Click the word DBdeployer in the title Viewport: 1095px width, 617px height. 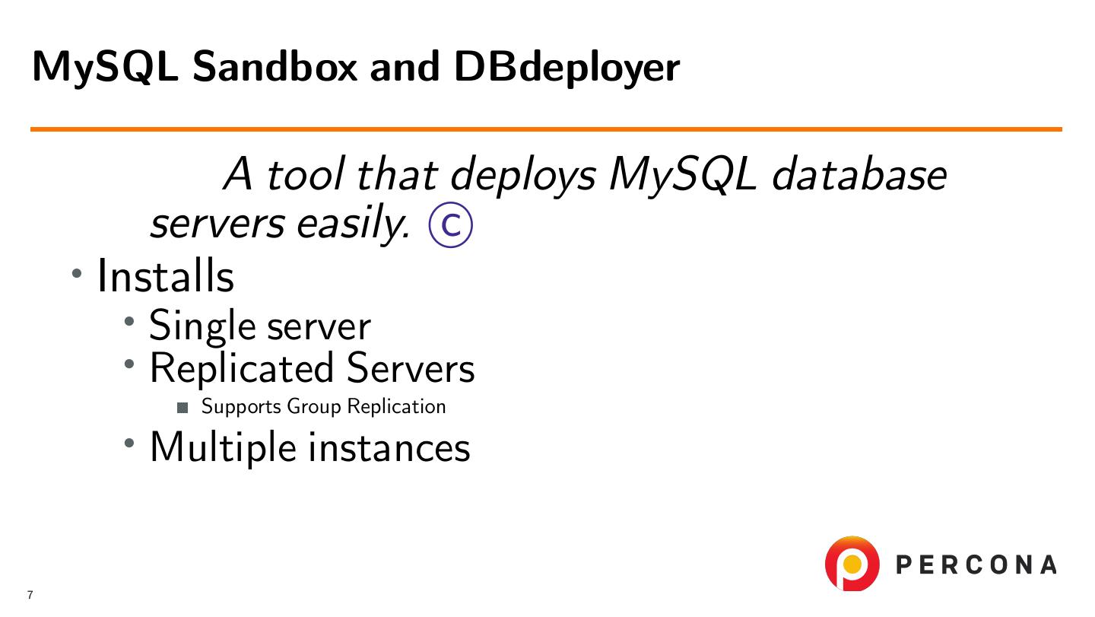[566, 68]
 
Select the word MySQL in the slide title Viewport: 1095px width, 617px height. [106, 68]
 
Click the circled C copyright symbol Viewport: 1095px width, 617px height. [451, 226]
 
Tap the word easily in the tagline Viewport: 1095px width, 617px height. [355, 224]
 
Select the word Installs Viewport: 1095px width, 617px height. [165, 275]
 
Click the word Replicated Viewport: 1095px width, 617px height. [241, 367]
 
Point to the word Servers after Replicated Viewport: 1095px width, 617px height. [411, 367]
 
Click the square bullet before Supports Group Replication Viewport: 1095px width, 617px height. [182, 408]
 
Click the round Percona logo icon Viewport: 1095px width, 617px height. [852, 564]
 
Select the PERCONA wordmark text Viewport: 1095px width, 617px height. [976, 565]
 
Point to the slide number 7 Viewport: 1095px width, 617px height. [30, 595]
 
